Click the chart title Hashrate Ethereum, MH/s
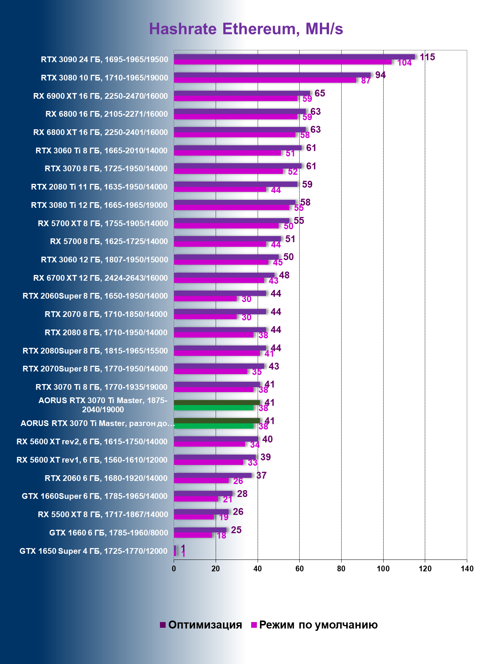click(x=246, y=29)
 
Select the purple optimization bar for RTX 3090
click(x=294, y=57)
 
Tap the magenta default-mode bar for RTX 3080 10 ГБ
click(x=265, y=80)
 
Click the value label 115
click(x=427, y=57)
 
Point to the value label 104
click(x=404, y=63)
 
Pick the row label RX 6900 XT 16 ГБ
click(x=100, y=96)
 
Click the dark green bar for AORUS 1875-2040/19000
click(x=217, y=402)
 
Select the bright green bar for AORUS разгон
click(x=213, y=426)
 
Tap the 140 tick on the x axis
click(x=467, y=569)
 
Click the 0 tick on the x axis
click(x=174, y=569)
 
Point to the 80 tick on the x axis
click(x=341, y=569)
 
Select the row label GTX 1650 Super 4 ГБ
click(x=94, y=551)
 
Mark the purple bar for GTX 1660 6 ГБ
click(x=200, y=530)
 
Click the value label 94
click(x=380, y=75)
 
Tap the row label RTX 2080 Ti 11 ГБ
click(x=99, y=187)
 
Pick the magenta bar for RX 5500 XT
click(x=194, y=517)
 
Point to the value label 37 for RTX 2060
click(x=261, y=476)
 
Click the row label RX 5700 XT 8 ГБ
click(x=103, y=223)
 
